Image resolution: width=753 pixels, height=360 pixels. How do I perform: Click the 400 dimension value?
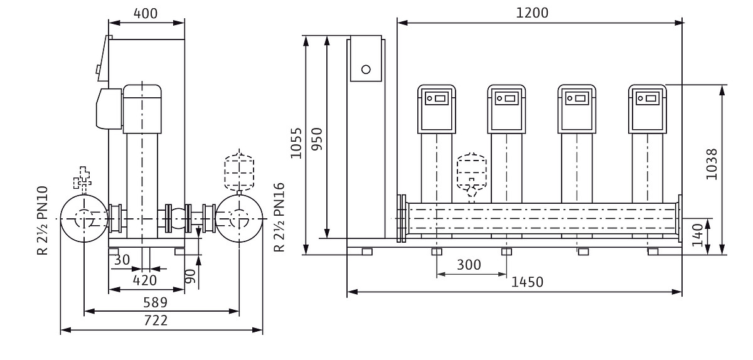pos(146,13)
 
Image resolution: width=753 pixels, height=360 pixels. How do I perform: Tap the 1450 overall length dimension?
pos(527,282)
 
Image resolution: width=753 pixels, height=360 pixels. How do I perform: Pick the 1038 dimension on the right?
pos(712,164)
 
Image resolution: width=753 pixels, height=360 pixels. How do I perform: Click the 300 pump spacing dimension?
pos(470,265)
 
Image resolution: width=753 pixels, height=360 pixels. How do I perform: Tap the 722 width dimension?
pos(155,320)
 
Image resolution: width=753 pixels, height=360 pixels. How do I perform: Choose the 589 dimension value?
pos(155,302)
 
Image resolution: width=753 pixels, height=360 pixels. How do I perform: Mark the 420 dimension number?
pos(144,280)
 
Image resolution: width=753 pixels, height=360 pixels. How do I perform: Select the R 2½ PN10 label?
pos(43,220)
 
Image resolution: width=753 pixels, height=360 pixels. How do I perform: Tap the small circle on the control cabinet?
pos(366,68)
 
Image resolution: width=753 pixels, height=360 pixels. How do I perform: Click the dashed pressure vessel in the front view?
pos(471,168)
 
